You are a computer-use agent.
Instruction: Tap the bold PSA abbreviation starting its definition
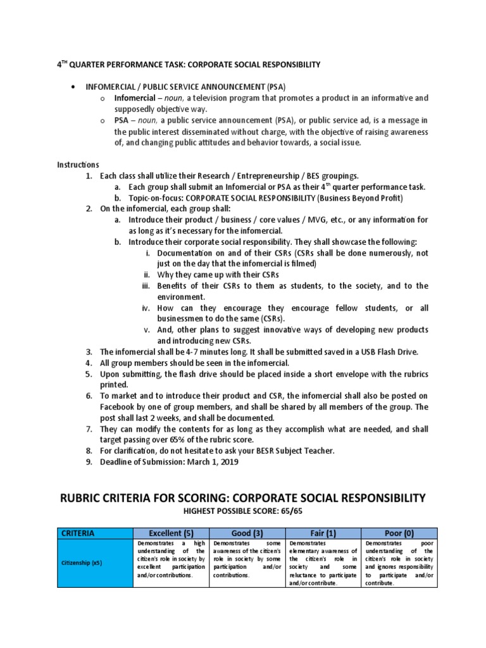(x=121, y=120)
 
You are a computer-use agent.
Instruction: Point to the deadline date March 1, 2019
(x=211, y=461)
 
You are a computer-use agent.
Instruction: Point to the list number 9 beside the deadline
(x=89, y=461)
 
